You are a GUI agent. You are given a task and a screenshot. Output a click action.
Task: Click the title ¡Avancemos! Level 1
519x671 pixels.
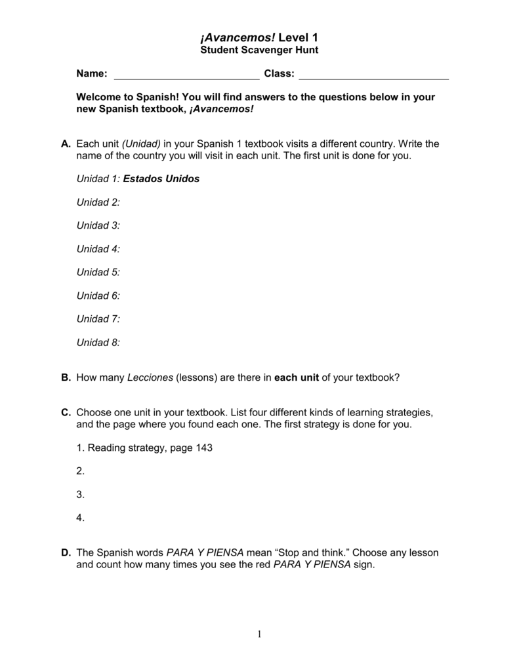point(259,37)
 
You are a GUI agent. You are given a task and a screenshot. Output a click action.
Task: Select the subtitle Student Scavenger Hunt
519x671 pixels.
point(259,50)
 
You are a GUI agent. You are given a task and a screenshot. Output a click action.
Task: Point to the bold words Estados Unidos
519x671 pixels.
point(161,178)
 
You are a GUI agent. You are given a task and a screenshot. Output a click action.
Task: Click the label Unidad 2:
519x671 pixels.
point(98,202)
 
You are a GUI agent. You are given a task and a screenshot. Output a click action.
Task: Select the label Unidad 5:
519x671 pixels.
point(98,272)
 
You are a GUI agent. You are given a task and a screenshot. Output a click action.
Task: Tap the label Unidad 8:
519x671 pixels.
point(98,342)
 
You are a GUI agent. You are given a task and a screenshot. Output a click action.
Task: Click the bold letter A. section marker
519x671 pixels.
point(66,144)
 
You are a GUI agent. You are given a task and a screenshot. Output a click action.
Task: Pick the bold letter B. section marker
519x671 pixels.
point(66,377)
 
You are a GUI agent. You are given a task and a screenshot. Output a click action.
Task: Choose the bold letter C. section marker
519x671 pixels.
point(66,413)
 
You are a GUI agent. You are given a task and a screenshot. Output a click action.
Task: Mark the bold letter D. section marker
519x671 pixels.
point(66,553)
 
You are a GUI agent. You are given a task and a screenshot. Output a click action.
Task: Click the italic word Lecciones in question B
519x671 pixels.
point(150,377)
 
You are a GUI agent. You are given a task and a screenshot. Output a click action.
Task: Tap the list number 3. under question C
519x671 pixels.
point(81,495)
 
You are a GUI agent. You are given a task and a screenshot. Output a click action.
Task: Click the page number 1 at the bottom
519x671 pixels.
point(259,633)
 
